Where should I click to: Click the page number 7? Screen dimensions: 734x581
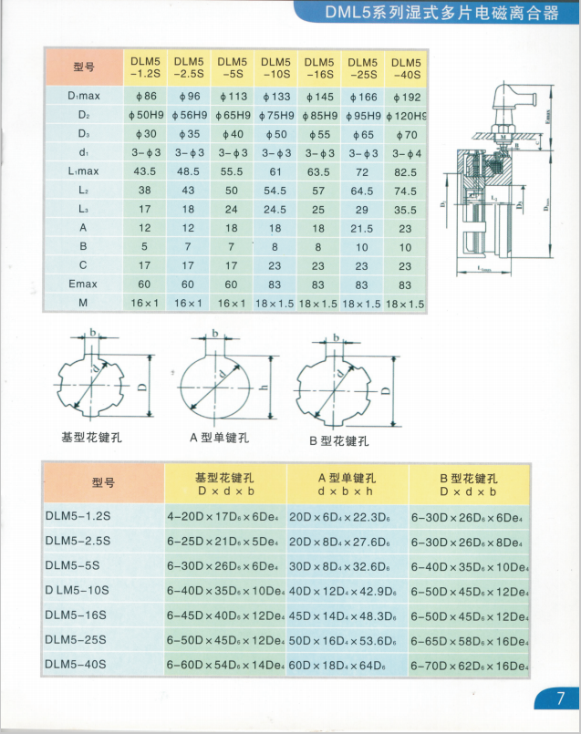(559, 698)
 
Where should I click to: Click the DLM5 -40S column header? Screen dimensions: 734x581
(406, 67)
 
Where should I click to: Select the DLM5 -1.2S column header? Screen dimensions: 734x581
(145, 67)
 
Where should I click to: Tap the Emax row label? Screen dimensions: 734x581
(83, 284)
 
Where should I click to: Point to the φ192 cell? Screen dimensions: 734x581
(406, 96)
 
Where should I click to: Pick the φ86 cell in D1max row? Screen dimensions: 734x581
(145, 96)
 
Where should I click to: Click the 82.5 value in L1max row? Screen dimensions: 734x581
(406, 171)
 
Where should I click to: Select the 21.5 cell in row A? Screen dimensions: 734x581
(362, 228)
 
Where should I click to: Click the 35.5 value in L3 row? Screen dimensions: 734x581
(406, 209)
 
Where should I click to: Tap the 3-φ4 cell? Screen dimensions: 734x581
(406, 152)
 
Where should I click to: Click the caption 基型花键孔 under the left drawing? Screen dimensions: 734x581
(91, 437)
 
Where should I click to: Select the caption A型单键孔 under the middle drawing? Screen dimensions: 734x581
(219, 438)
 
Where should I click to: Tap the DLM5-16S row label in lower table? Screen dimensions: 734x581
(76, 615)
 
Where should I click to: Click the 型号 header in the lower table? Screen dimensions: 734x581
(104, 483)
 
